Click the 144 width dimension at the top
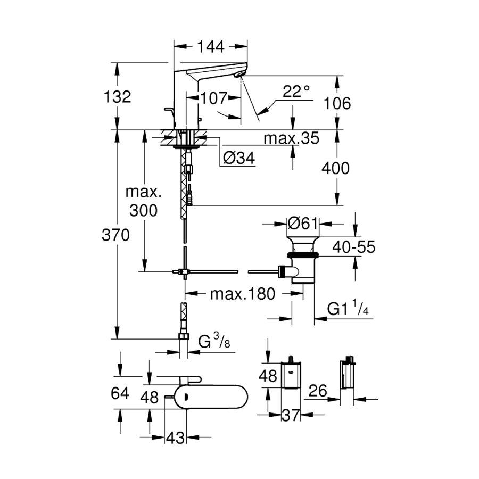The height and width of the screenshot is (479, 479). [211, 47]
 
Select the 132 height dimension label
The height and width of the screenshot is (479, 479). [118, 97]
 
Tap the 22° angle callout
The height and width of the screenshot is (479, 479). [296, 91]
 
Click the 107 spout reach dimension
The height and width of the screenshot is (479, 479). [214, 98]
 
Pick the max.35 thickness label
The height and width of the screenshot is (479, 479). [292, 139]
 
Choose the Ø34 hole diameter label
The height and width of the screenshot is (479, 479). [238, 158]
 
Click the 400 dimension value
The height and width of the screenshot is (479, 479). [336, 168]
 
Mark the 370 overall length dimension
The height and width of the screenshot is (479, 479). [115, 235]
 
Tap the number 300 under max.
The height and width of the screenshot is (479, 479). [143, 210]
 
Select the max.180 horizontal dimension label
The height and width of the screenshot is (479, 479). [242, 294]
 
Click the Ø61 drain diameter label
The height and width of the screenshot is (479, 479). [302, 224]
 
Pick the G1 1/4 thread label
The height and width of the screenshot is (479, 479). [348, 309]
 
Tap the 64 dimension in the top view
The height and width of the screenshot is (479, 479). [119, 393]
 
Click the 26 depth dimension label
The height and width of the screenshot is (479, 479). [317, 391]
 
